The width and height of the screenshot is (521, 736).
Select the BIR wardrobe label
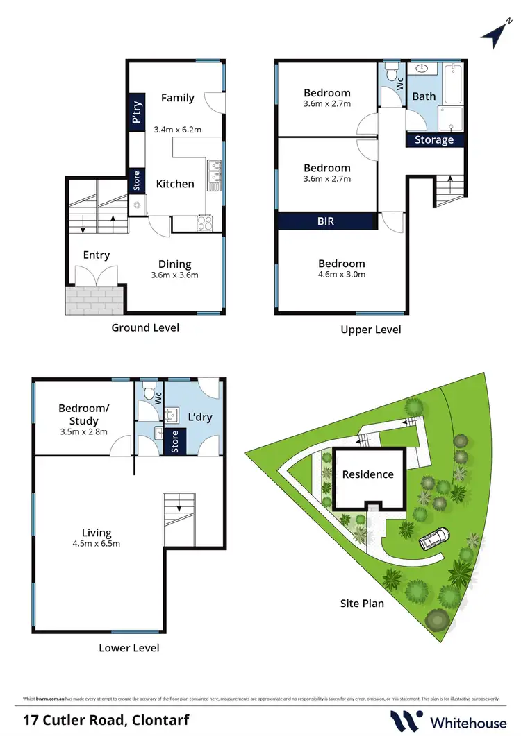click(x=326, y=221)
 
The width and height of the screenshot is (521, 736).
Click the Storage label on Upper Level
click(x=434, y=139)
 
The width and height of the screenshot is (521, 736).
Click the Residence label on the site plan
click(x=367, y=474)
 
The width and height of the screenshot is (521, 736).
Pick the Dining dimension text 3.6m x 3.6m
click(x=174, y=275)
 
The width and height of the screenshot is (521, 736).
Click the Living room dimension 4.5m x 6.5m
click(x=97, y=543)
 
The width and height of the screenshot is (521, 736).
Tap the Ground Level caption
click(x=145, y=327)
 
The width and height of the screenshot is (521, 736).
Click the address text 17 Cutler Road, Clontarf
click(x=105, y=719)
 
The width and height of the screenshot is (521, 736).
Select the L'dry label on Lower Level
click(x=200, y=418)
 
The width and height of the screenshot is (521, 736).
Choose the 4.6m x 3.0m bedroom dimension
click(x=341, y=275)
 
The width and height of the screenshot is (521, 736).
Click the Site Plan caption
click(x=362, y=603)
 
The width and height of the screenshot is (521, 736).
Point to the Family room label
click(x=177, y=98)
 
